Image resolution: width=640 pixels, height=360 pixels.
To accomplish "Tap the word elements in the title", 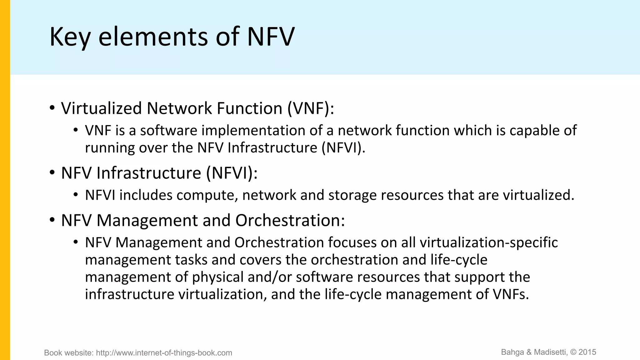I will coord(153,37).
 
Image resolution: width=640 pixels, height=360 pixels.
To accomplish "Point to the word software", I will coord(168,130).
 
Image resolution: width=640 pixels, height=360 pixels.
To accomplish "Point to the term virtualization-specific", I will coord(488,242).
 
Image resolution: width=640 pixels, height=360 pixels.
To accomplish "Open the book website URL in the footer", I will coord(164,353).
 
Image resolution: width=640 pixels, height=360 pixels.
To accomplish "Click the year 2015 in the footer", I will coord(587,352).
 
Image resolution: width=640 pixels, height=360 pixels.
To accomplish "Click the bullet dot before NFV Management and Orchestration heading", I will coord(52,220).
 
